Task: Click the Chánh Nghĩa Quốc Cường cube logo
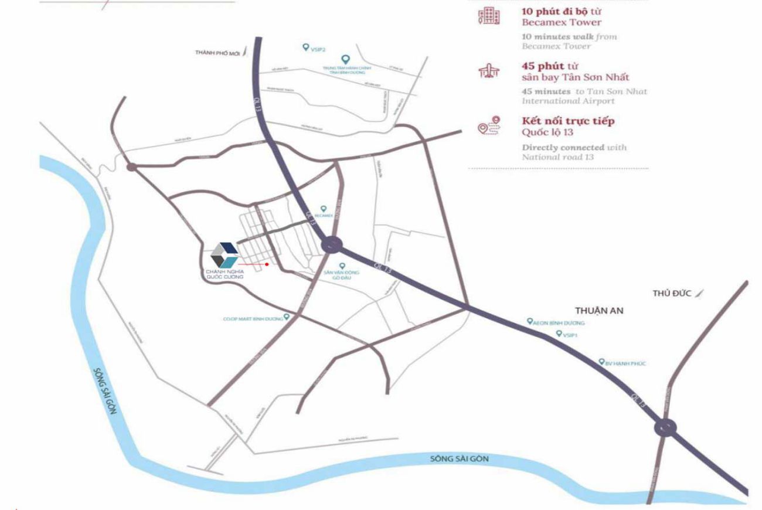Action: tap(224, 255)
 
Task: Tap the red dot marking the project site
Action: tap(267, 264)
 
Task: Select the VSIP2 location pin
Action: tap(305, 47)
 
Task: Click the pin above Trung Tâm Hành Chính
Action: tap(345, 59)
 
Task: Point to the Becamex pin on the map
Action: tap(323, 208)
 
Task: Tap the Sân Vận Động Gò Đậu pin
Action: tap(343, 266)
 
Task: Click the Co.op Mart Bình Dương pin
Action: tap(287, 317)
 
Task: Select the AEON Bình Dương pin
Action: tap(530, 321)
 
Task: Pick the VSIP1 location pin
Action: tap(559, 333)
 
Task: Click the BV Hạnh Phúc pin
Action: tap(601, 362)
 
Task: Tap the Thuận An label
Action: tap(598, 311)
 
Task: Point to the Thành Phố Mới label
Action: tap(218, 53)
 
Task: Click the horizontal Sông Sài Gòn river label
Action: tap(459, 459)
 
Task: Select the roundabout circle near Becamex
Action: tap(332, 244)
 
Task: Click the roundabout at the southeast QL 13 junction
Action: tap(665, 427)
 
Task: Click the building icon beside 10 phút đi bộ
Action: tap(488, 16)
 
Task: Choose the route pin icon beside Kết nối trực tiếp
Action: tap(489, 127)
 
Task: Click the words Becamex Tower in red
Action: tap(562, 22)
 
